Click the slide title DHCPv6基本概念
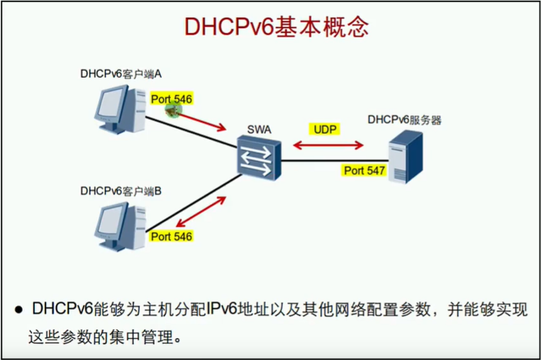(277, 26)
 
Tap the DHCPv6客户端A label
(123, 73)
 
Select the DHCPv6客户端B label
(121, 191)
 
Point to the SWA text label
(259, 130)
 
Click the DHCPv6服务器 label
(404, 120)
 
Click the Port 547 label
(364, 170)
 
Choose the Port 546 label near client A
(172, 99)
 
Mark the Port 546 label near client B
(171, 236)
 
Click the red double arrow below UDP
(328, 145)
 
